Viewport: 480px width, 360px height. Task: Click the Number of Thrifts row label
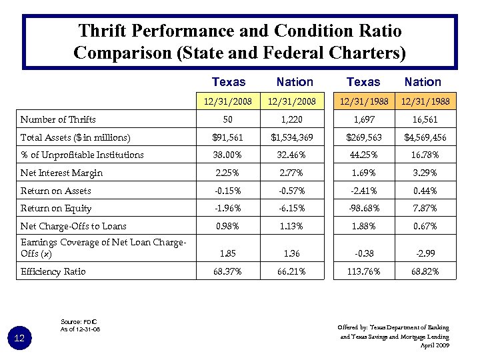click(x=58, y=120)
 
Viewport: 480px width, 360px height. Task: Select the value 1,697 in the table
click(x=363, y=120)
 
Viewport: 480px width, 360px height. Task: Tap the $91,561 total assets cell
click(x=228, y=138)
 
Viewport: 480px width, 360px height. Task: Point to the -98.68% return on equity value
click(x=363, y=209)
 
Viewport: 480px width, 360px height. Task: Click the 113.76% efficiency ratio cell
click(x=363, y=271)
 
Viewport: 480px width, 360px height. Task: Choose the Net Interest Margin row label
click(x=62, y=173)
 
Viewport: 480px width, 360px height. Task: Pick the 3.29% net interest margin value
click(x=423, y=173)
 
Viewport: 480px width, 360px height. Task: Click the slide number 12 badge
click(x=20, y=339)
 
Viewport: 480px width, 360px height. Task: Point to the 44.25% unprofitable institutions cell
click(x=363, y=155)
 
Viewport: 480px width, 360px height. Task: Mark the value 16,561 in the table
click(x=423, y=120)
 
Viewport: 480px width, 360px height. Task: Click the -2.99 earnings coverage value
click(x=423, y=254)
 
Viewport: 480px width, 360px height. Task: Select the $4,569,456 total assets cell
click(x=423, y=138)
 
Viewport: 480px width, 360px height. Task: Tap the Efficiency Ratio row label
click(x=54, y=272)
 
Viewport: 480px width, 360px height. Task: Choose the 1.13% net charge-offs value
click(x=294, y=227)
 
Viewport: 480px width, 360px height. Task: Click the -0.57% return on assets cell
click(x=294, y=191)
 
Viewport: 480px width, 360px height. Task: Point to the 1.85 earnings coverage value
click(x=228, y=254)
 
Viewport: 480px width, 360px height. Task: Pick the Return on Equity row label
click(x=56, y=209)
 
